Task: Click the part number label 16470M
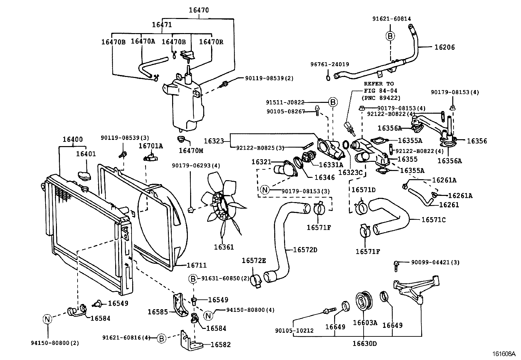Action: point(191,150)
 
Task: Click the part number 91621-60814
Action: point(391,19)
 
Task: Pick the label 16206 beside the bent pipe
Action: point(444,47)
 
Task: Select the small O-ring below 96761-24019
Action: point(328,78)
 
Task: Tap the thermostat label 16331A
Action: point(331,165)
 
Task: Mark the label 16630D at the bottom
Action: point(364,344)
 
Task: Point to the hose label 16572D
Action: point(305,250)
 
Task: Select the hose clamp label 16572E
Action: point(254,260)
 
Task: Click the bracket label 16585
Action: point(158,312)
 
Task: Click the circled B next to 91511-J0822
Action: point(332,103)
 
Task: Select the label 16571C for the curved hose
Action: point(433,219)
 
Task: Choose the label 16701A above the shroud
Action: point(151,145)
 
